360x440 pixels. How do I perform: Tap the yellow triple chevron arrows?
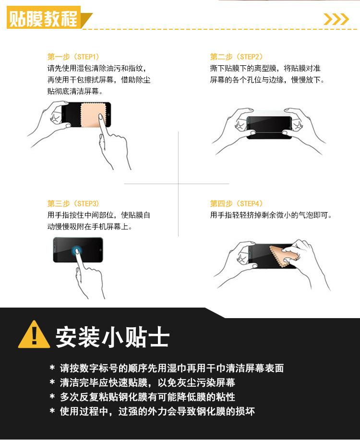(x=336, y=19)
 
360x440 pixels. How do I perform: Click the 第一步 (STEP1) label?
(x=73, y=57)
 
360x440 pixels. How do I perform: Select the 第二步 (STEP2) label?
(x=236, y=57)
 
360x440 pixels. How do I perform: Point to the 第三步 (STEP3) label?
(x=73, y=203)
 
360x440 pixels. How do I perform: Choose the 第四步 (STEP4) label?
(x=236, y=203)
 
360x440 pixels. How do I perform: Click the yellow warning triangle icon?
(x=34, y=335)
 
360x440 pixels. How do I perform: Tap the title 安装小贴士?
(x=112, y=337)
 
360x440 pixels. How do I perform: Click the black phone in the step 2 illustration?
(x=269, y=127)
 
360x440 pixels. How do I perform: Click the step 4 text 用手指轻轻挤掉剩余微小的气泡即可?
(x=271, y=215)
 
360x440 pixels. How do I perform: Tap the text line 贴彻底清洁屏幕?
(x=75, y=91)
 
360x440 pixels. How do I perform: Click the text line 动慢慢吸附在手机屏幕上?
(x=89, y=226)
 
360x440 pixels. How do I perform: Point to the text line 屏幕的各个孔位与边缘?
(x=267, y=80)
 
